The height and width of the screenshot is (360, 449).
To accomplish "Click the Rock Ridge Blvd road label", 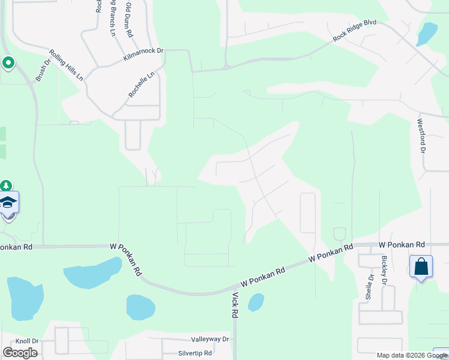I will click(x=355, y=31).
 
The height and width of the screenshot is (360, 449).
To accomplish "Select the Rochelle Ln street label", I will click(x=141, y=85).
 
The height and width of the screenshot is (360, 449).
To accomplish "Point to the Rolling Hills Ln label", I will click(x=66, y=65).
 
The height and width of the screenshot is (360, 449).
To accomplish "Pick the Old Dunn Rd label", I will click(x=128, y=20).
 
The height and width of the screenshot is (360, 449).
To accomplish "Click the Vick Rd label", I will click(x=235, y=304).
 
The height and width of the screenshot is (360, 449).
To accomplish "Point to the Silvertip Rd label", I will click(x=194, y=353).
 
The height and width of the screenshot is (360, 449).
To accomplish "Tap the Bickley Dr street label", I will click(x=384, y=271).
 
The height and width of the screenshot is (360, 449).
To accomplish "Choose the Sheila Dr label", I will click(x=370, y=286).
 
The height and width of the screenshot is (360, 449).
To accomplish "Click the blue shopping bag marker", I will click(x=421, y=266).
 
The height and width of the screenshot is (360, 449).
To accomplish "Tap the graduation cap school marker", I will click(x=8, y=203).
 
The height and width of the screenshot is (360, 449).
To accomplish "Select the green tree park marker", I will click(x=6, y=187).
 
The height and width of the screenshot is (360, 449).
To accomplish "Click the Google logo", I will click(x=20, y=353).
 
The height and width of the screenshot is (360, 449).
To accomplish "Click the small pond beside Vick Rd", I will click(x=256, y=302).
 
